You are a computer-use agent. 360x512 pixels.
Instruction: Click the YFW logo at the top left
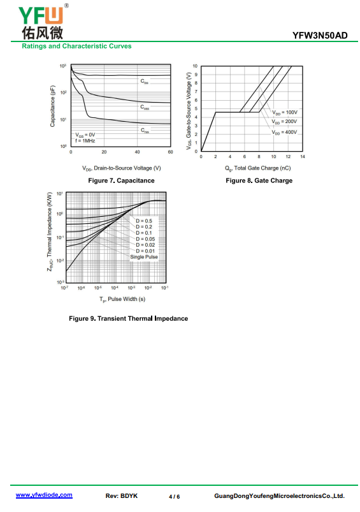tap(43, 22)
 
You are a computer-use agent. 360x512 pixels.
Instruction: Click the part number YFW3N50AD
tap(320, 35)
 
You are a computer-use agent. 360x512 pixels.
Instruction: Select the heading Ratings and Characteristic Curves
tap(76, 46)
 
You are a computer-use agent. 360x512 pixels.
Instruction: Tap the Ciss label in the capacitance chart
tap(144, 82)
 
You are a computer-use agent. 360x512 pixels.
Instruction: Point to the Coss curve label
tap(145, 107)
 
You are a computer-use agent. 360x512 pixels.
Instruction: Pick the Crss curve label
tap(145, 130)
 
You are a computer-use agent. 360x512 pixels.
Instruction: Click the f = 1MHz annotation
tap(85, 141)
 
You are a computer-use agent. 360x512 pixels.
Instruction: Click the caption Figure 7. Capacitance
tap(122, 180)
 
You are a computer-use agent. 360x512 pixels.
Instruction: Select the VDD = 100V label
tap(285, 113)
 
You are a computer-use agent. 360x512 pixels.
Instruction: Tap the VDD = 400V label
tap(285, 132)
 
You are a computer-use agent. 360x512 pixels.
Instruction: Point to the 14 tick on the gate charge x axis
tap(303, 157)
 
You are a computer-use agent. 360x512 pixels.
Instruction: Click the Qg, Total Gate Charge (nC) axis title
tap(258, 168)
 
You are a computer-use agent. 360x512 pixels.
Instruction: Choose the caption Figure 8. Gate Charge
tap(259, 180)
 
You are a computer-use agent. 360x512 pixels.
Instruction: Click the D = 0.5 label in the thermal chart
tap(144, 221)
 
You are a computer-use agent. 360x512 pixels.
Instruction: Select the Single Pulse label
tap(144, 257)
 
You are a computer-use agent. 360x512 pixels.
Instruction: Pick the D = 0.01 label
tap(145, 251)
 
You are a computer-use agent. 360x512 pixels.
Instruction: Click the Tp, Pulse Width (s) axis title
tap(122, 299)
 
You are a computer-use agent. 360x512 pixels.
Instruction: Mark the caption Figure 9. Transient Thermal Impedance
tap(128, 318)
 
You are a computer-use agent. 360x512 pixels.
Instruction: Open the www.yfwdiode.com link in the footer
tap(44, 495)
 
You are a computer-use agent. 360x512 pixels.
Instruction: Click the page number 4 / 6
tap(175, 497)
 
